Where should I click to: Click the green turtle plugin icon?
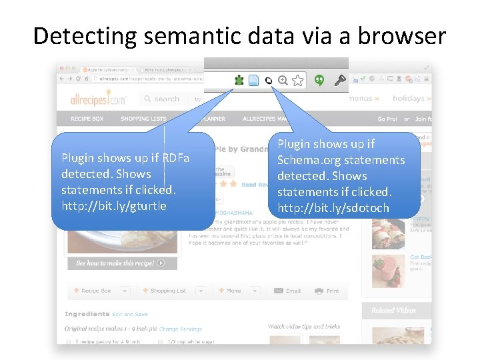click(x=239, y=81)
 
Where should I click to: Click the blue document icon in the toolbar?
click(x=253, y=81)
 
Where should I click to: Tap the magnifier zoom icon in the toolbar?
click(x=283, y=81)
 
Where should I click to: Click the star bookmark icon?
click(x=297, y=81)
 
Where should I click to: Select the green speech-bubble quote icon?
click(x=319, y=81)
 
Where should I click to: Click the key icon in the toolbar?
click(x=340, y=81)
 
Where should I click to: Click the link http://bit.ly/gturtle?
click(x=114, y=206)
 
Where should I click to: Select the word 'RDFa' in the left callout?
click(x=176, y=158)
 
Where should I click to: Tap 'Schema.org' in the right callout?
click(x=306, y=160)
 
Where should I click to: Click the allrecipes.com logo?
click(x=98, y=99)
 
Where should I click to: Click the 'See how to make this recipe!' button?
click(x=121, y=263)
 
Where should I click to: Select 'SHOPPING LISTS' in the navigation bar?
click(x=143, y=119)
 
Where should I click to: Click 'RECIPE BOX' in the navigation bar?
click(x=87, y=119)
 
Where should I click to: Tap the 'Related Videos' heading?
click(x=393, y=310)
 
